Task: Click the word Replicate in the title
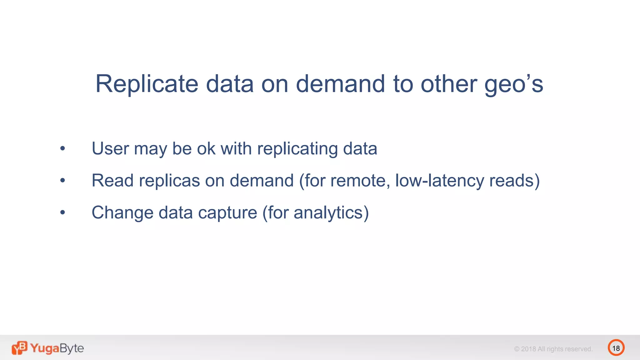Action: point(147,84)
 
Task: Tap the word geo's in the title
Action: point(514,84)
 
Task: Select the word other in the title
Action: point(448,84)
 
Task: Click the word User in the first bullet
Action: point(110,148)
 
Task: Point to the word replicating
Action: point(297,149)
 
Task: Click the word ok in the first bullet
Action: point(206,148)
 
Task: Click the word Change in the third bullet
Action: point(122,213)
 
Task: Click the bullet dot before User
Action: point(62,148)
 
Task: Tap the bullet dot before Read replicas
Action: point(62,180)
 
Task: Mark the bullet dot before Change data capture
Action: point(62,212)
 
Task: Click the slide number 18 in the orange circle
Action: point(616,348)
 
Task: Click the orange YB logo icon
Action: point(19,348)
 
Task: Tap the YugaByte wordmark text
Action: point(57,348)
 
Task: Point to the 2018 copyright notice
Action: point(553,349)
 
